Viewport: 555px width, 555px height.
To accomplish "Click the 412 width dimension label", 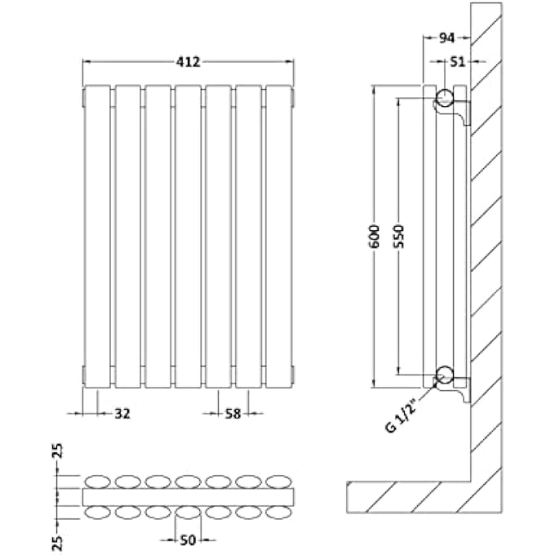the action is point(189,61).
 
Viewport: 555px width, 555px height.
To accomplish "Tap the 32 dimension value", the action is point(122,414).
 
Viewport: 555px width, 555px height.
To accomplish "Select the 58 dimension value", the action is point(233,414).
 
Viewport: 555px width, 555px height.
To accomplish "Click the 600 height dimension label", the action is point(374,235).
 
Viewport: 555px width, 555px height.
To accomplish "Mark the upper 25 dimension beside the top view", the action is point(57,452).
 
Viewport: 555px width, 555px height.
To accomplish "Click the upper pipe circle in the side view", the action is point(445,98).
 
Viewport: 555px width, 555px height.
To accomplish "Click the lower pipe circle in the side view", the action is point(445,375).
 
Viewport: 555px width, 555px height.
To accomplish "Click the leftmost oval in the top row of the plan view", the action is point(98,482).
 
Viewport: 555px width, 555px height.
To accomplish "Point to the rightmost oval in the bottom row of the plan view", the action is point(279,513).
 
